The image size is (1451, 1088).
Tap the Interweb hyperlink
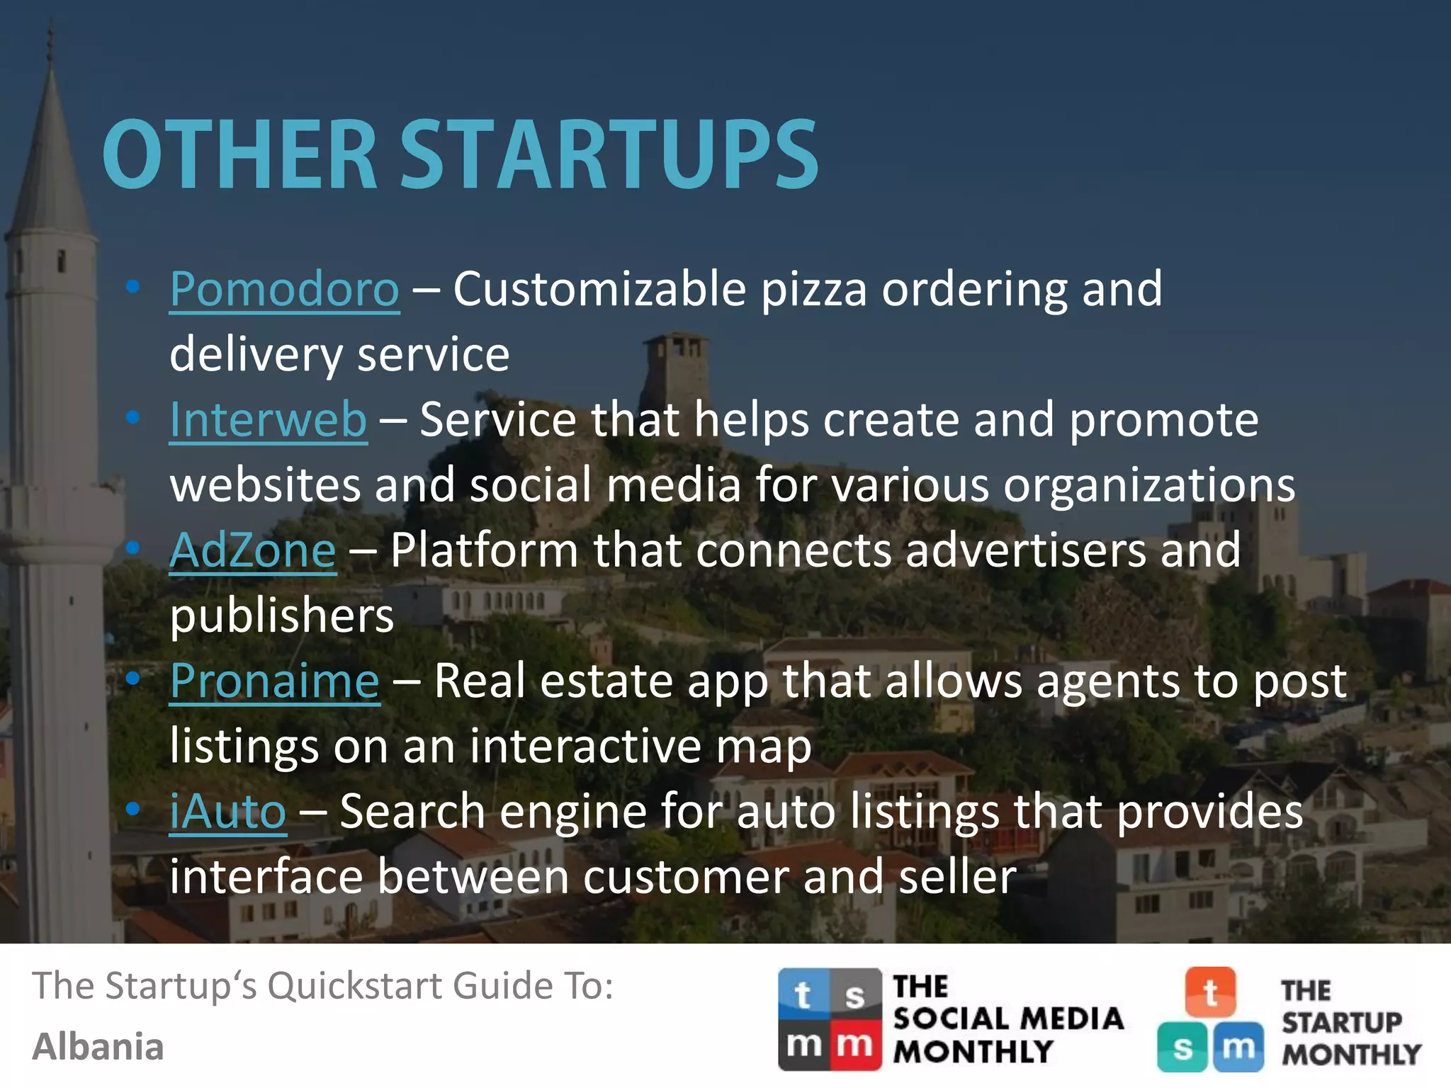268,419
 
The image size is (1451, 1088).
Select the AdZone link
253,550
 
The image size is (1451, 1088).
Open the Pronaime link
275,681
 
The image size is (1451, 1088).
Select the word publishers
281,616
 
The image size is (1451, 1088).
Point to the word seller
956,877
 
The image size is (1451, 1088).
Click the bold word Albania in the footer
98,1047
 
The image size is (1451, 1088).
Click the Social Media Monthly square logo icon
830,1019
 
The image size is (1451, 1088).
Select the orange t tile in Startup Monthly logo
1210,992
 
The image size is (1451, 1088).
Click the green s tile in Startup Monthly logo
1182,1047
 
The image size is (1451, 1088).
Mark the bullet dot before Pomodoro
132,287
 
